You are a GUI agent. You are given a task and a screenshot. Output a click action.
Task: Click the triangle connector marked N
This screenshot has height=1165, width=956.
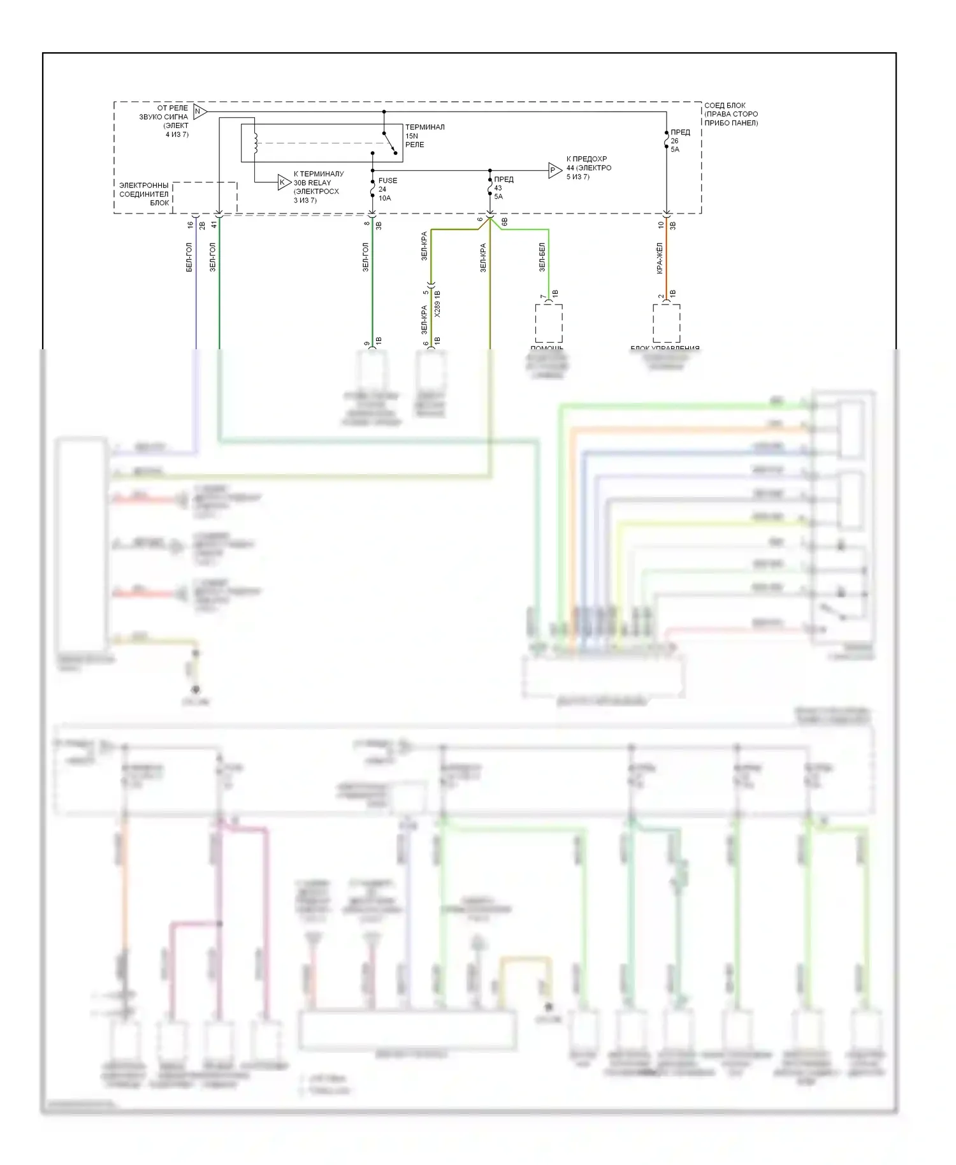coord(199,112)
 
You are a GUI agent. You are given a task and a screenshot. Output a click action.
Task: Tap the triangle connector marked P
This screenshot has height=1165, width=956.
coord(554,170)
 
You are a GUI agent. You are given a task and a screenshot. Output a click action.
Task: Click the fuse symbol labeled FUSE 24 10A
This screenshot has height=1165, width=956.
coord(373,189)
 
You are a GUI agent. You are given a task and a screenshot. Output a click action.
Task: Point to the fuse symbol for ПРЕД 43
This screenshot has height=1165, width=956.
coord(489,189)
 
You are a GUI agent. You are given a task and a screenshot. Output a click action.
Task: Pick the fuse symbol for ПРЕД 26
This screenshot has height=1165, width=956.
coord(666,141)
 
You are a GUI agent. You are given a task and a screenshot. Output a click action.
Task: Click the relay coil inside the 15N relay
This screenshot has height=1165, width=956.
coord(256,143)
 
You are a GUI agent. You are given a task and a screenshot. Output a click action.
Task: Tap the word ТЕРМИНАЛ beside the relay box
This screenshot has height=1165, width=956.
coord(424,127)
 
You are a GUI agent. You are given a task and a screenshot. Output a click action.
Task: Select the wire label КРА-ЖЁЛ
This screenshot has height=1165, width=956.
coord(660,258)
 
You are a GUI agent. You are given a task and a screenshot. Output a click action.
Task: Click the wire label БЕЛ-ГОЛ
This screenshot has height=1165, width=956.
coord(189,257)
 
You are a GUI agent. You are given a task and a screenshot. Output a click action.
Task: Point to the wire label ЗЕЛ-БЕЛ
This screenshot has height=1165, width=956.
coord(542,257)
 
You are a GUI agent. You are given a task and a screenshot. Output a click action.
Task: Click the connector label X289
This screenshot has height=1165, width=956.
coord(437,309)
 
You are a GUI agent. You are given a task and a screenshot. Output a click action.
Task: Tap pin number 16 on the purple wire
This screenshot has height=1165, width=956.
coord(190,225)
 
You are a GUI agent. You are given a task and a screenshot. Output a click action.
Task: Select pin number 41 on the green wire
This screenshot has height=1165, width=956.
coord(214,225)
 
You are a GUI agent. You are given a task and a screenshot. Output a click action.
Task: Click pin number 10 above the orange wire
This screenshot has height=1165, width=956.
coord(661,225)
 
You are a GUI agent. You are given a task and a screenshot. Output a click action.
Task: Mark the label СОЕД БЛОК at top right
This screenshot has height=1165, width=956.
coord(725,105)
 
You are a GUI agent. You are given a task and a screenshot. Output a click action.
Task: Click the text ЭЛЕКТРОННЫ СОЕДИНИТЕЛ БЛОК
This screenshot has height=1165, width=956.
coord(144,194)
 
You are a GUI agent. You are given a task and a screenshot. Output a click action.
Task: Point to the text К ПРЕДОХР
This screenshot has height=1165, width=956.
coord(586,159)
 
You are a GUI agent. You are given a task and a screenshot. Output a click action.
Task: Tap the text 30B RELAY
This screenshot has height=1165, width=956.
coord(312,182)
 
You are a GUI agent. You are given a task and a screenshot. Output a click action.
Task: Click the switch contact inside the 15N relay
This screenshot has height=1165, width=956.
coord(390,144)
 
